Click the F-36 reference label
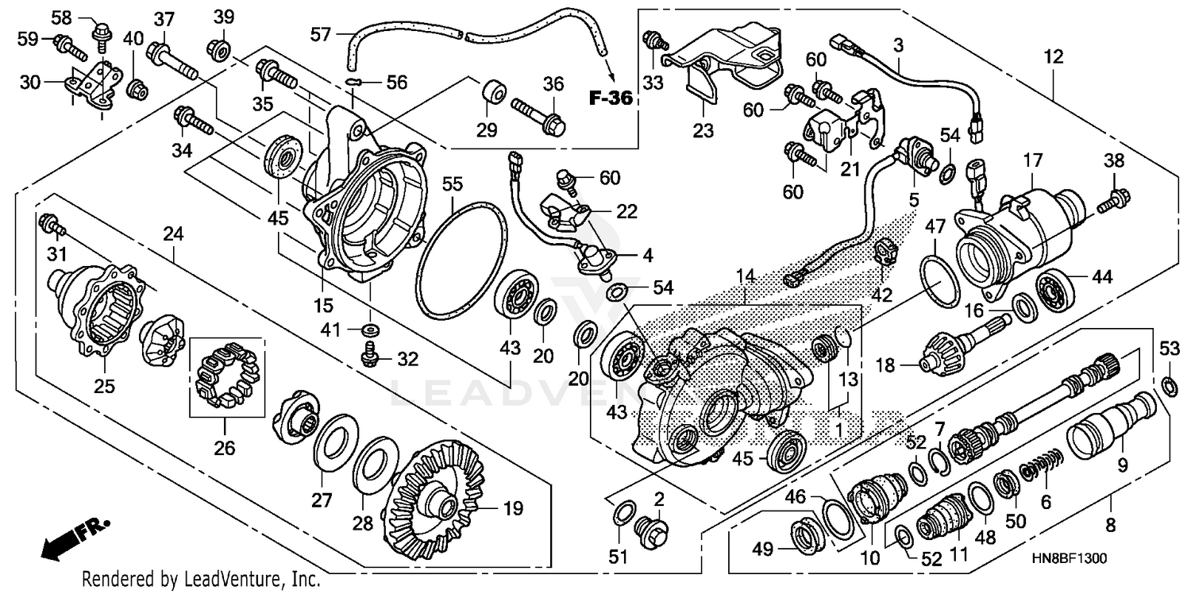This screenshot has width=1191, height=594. point(611,99)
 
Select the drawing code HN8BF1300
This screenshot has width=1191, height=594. point(1069,559)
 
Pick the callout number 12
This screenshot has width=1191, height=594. point(1053,58)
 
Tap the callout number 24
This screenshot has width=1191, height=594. point(173,234)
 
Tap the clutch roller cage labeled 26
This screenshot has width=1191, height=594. point(225,372)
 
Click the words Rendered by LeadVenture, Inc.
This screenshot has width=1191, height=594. point(202,580)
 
